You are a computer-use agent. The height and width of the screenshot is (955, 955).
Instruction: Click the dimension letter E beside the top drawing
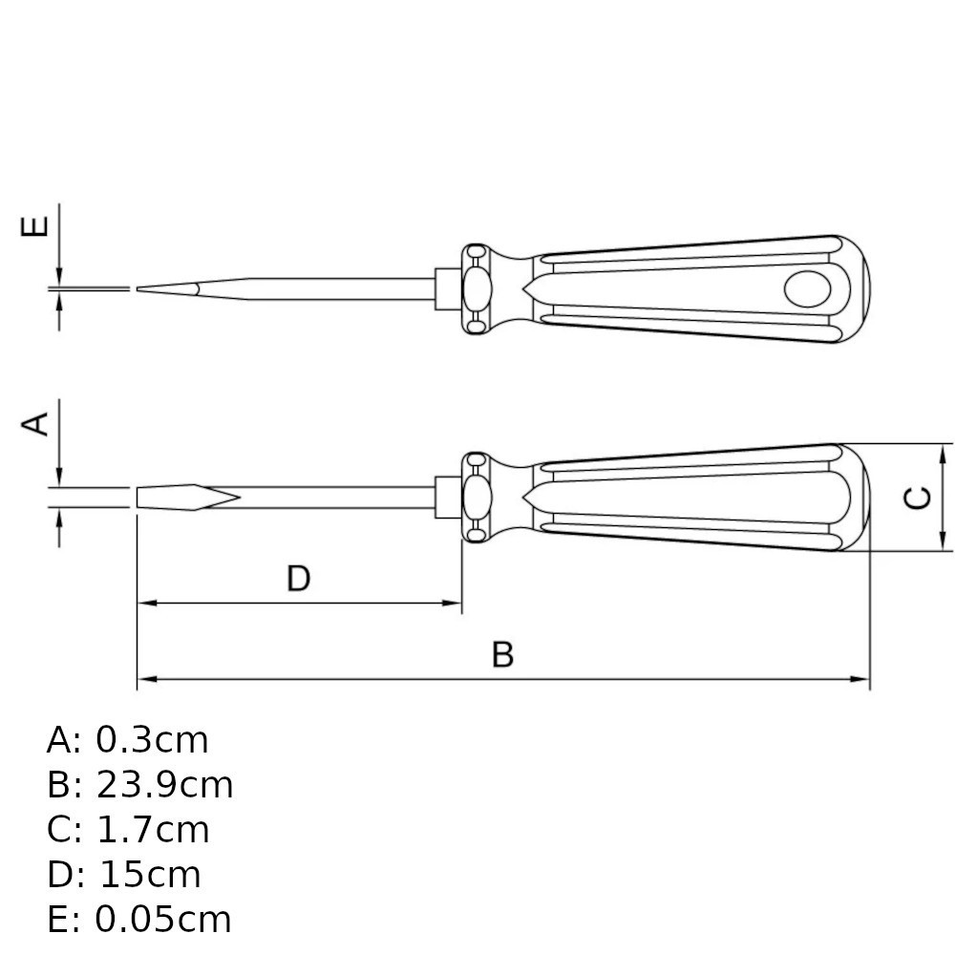tap(34, 226)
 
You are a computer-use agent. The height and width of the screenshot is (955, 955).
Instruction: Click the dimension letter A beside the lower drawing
tap(34, 424)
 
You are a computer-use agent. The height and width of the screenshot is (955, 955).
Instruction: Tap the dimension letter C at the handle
tap(917, 498)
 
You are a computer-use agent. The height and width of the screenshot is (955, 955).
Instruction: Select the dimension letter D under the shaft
tap(298, 579)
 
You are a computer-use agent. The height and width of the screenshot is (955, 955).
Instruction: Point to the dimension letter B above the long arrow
tap(502, 655)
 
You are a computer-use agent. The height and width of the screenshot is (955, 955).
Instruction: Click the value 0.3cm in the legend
tap(152, 741)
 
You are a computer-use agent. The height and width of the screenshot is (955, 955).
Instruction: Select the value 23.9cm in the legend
tap(164, 785)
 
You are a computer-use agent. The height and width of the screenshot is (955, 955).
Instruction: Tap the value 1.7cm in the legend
tap(153, 830)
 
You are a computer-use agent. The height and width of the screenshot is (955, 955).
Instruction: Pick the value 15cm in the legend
tap(150, 875)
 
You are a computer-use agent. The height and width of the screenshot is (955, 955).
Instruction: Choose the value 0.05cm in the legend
tap(163, 920)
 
